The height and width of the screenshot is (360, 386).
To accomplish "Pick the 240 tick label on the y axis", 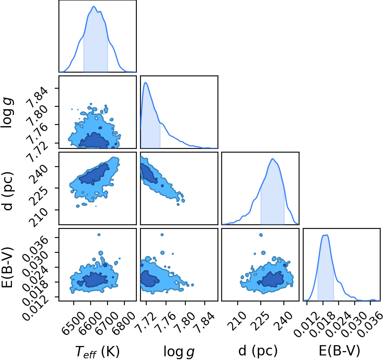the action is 39,174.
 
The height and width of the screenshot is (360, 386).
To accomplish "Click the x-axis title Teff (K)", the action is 97,351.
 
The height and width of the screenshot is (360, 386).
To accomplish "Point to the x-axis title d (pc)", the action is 258,350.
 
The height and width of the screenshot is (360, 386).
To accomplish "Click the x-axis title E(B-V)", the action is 339,350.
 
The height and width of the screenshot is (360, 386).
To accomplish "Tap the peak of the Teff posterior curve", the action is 94,7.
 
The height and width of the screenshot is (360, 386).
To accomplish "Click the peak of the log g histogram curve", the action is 145,82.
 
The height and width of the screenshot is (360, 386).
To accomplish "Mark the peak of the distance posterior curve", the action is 273,159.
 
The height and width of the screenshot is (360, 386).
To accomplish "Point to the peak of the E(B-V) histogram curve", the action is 325,235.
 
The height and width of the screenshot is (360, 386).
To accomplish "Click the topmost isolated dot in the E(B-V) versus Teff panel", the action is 99,235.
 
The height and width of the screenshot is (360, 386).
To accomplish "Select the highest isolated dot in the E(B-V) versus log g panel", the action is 162,235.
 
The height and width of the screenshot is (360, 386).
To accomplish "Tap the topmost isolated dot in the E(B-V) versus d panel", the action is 261,235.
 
